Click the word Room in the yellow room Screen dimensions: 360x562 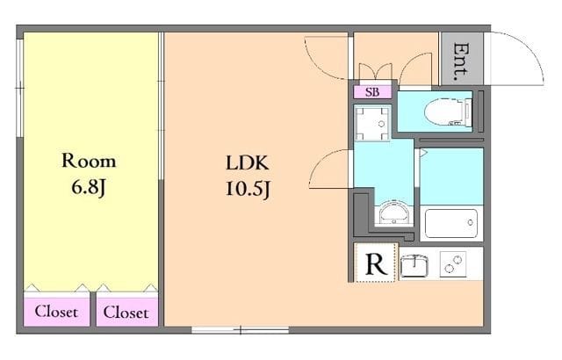(x=88, y=162)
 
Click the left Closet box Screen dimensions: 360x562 (x=56, y=312)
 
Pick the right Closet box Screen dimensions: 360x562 (x=126, y=312)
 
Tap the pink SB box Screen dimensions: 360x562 (x=372, y=91)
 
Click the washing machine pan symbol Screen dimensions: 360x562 (x=373, y=124)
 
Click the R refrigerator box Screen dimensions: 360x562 (x=375, y=263)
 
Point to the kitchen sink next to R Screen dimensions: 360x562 (x=414, y=263)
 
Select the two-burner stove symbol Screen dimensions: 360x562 (x=454, y=263)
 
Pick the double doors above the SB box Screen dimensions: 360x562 (x=374, y=72)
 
